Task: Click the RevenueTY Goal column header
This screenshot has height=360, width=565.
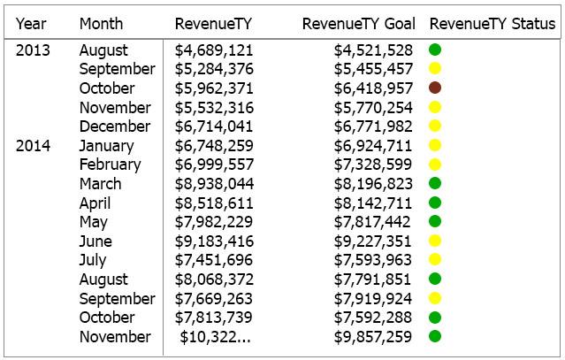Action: pos(358,24)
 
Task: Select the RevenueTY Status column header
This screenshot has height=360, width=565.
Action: pos(492,24)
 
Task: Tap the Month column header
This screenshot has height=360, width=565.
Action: pos(101,24)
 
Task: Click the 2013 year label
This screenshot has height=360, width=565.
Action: pos(33,50)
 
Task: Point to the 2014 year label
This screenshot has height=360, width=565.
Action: pos(33,146)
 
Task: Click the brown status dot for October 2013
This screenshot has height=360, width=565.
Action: pos(435,88)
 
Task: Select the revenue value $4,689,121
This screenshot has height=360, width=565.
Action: pos(214,50)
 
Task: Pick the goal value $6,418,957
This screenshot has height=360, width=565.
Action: pos(373,88)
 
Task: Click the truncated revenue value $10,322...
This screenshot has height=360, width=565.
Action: pos(215,337)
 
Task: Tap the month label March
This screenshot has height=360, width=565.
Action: pos(100,184)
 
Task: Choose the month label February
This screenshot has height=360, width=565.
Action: pos(111,165)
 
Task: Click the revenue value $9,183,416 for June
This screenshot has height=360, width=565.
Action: pos(214,241)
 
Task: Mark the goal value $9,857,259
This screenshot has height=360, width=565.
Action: pos(372,337)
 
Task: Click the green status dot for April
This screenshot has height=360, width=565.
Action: pos(435,203)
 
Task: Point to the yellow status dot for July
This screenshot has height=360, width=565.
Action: pos(435,259)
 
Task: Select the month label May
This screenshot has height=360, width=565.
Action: pos(94,222)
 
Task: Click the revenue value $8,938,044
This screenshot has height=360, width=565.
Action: pos(214,184)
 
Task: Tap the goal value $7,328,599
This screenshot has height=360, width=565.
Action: pos(372,165)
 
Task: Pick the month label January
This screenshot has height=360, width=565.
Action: pos(106,146)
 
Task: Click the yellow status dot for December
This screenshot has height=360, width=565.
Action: pos(435,126)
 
